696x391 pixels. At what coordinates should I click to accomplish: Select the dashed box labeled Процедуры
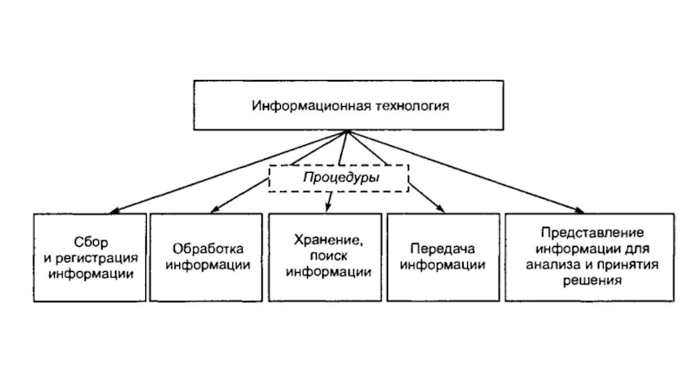(x=338, y=178)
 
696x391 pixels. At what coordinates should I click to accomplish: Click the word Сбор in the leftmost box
(x=91, y=242)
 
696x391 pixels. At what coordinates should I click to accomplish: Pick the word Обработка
(x=208, y=249)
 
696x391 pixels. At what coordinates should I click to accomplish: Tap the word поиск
(x=329, y=255)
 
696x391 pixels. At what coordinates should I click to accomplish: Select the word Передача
(x=443, y=249)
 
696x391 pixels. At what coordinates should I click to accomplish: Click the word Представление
(x=592, y=233)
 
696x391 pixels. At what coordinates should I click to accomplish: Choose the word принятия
(x=628, y=265)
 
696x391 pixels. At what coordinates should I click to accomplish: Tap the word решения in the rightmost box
(x=592, y=281)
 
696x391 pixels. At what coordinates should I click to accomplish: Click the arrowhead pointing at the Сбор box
(x=114, y=211)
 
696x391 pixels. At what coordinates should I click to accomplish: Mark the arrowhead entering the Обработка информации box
(x=215, y=209)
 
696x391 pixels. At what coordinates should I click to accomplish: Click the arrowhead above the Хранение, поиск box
(x=328, y=207)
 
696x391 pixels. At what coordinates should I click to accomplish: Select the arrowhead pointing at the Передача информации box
(x=439, y=209)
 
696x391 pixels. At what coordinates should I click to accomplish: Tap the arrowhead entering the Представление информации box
(x=579, y=210)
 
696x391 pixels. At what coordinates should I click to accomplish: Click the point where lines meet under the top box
(x=347, y=131)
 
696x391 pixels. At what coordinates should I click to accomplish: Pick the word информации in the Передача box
(x=443, y=265)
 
